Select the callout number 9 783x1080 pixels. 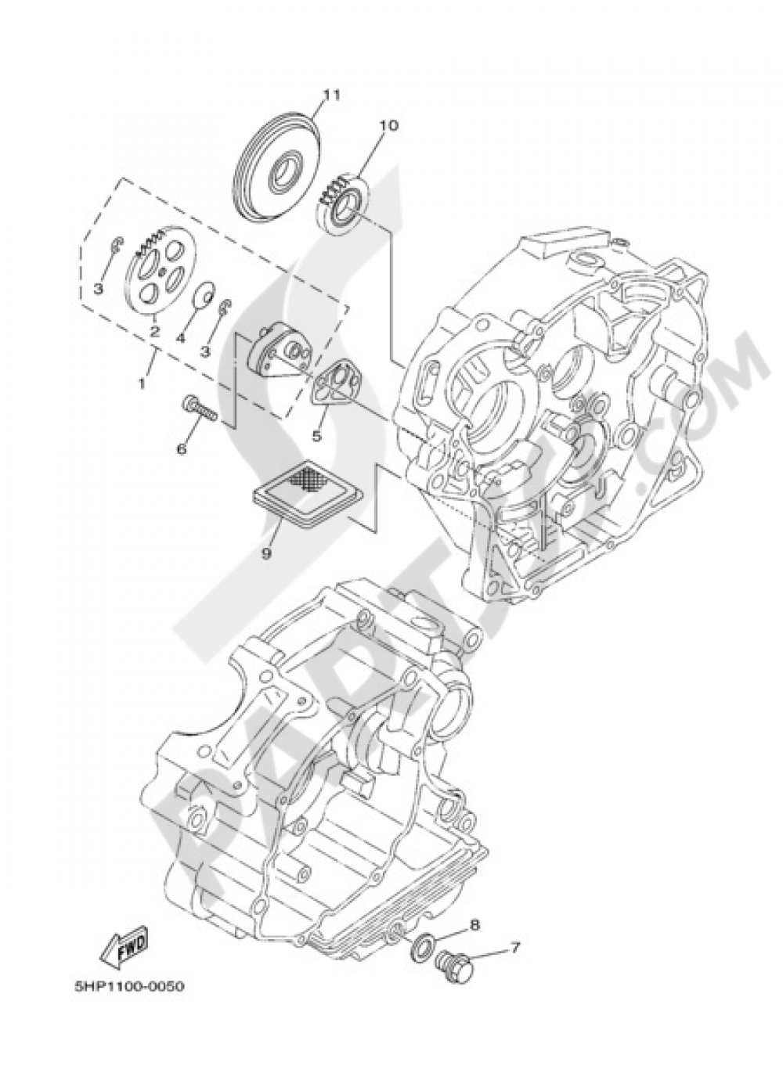click(x=266, y=553)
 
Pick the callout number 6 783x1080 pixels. click(x=182, y=448)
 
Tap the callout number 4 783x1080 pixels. click(x=181, y=339)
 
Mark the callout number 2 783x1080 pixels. click(x=154, y=331)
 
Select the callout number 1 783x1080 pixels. click(x=142, y=383)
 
